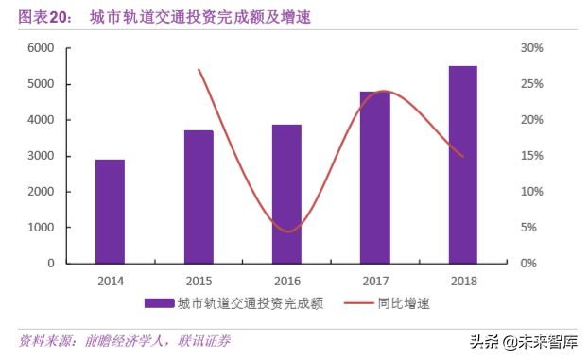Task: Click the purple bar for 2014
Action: pos(110,211)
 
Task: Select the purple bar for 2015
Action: pos(199,197)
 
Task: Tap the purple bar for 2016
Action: pos(286,194)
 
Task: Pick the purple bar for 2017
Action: pos(374,177)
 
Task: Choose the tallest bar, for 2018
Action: pos(462,164)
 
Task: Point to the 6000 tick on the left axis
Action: pos(41,48)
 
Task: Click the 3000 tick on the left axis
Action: pos(41,156)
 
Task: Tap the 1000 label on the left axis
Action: pos(41,228)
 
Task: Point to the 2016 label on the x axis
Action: pos(286,281)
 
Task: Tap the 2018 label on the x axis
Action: pos(462,281)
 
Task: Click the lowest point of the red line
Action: pos(287,231)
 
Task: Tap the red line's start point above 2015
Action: pos(199,69)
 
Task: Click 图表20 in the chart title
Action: pos(45,16)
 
